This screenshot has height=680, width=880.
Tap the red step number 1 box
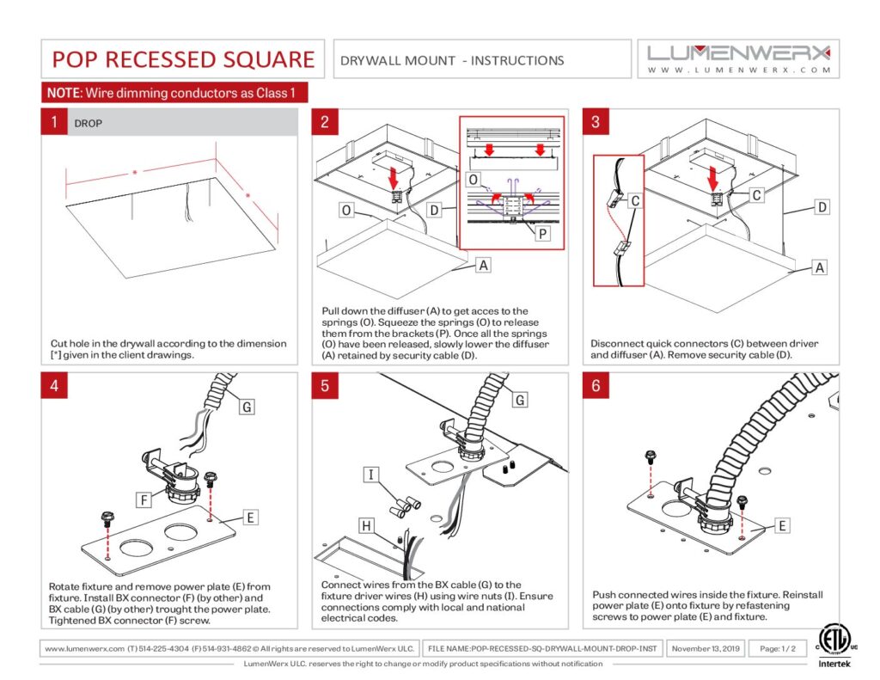[x=54, y=123]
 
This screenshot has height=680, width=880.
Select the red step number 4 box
[x=54, y=386]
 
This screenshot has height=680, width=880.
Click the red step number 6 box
[x=596, y=386]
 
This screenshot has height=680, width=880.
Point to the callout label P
[x=543, y=234]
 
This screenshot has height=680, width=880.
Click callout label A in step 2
[x=483, y=266]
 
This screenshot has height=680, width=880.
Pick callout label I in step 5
[x=370, y=475]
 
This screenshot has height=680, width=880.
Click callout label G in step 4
[x=246, y=407]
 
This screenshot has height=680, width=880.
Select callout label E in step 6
[x=784, y=524]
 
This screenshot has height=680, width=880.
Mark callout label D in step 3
[x=822, y=207]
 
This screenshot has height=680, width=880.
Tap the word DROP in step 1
[x=88, y=124]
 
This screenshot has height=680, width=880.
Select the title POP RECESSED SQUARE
[x=183, y=59]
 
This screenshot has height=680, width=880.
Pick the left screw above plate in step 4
[x=107, y=519]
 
